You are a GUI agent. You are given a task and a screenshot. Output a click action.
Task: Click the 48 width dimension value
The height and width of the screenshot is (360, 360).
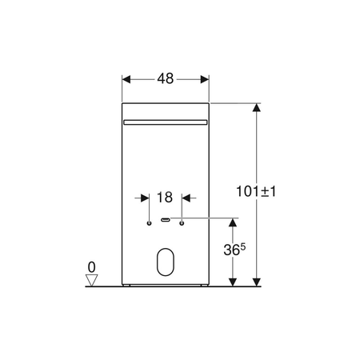pyautogui.click(x=165, y=80)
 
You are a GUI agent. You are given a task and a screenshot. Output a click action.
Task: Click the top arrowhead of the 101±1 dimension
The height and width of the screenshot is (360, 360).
pyautogui.click(x=256, y=108)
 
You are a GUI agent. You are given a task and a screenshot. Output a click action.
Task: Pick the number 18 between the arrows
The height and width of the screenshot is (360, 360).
pyautogui.click(x=165, y=197)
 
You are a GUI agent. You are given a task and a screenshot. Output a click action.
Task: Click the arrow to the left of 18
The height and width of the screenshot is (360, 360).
pyautogui.click(x=145, y=197)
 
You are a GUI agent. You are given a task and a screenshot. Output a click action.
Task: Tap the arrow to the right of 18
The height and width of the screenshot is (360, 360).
pyautogui.click(x=187, y=197)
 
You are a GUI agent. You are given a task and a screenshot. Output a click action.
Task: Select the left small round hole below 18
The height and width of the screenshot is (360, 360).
pyautogui.click(x=150, y=222)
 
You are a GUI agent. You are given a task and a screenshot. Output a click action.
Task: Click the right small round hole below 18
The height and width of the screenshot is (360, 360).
pyautogui.click(x=182, y=222)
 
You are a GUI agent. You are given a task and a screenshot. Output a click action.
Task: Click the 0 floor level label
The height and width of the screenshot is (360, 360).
pyautogui.click(x=92, y=266)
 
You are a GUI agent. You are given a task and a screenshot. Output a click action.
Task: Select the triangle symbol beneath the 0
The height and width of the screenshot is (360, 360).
pyautogui.click(x=92, y=279)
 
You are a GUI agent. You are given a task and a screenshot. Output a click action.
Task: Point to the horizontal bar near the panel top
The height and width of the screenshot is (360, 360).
pyautogui.click(x=166, y=122)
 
